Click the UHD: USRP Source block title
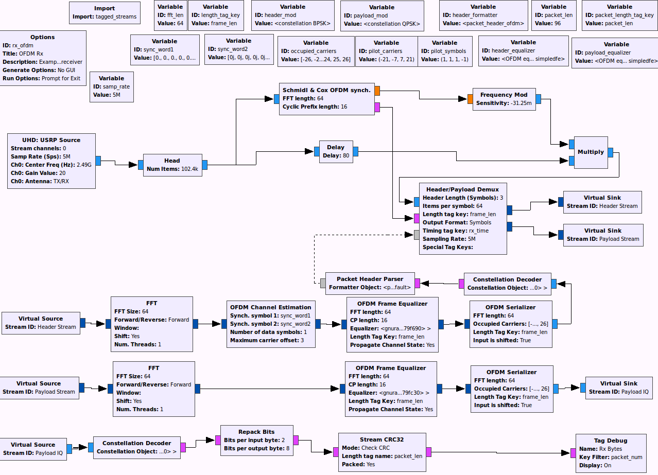pyautogui.click(x=51, y=140)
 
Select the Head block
pyautogui.click(x=172, y=165)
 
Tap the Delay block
pyautogui.click(x=336, y=151)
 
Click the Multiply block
pyautogui.click(x=591, y=152)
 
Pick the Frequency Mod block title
pyautogui.click(x=504, y=95)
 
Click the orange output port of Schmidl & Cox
pyautogui.click(x=377, y=91)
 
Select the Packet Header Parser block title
pyautogui.click(x=370, y=279)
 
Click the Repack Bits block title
pyautogui.click(x=256, y=432)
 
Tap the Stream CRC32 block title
pyautogui.click(x=382, y=439)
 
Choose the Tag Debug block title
pyautogui.click(x=610, y=441)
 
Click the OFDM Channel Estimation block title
pyautogui.click(x=271, y=307)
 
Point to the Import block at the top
pyautogui.click(x=105, y=12)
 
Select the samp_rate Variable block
pyautogui.click(x=111, y=86)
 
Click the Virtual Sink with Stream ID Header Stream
pyautogui.click(x=602, y=202)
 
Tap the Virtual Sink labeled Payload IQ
pyautogui.click(x=618, y=388)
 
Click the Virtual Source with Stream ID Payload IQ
pyautogui.click(x=33, y=449)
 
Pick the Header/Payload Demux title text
pyautogui.click(x=463, y=189)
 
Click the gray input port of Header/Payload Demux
pyautogui.click(x=417, y=235)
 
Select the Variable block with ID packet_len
pyautogui.click(x=553, y=15)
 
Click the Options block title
pyautogui.click(x=43, y=37)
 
